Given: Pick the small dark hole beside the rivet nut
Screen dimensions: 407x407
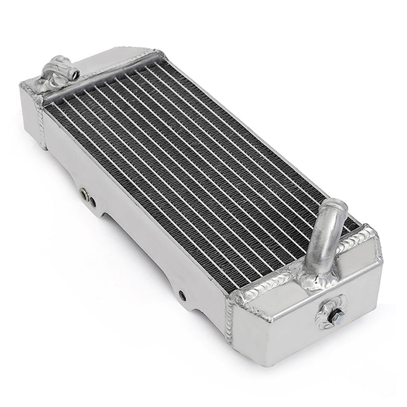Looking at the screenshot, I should click(93, 201).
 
